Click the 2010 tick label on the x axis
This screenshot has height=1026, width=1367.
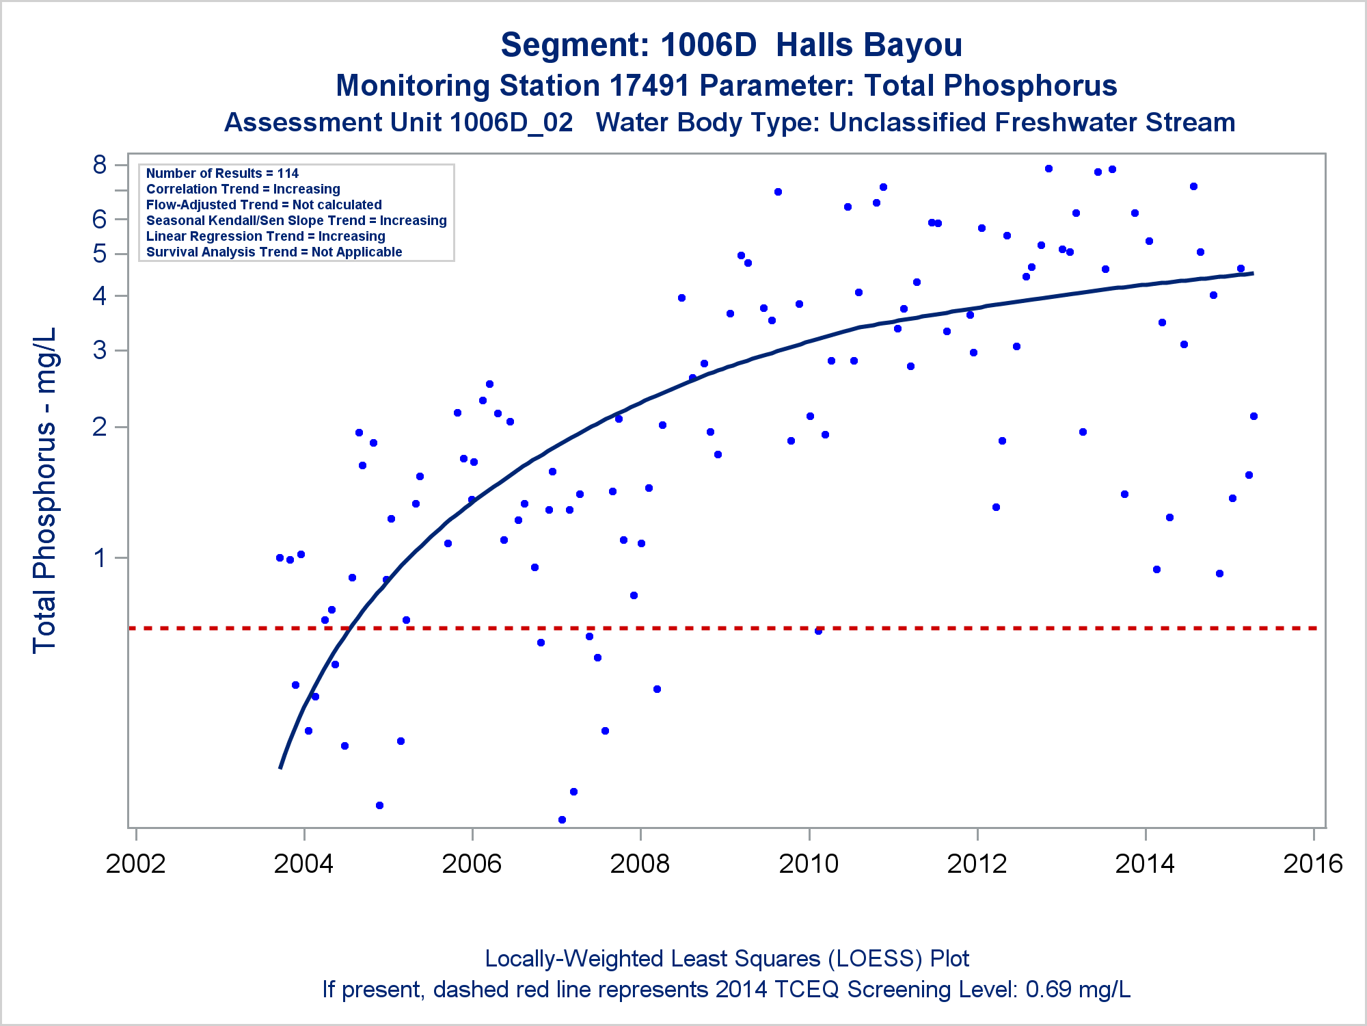pyautogui.click(x=809, y=864)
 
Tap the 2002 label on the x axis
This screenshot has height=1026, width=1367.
pyautogui.click(x=135, y=864)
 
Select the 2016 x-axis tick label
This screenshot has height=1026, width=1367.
pyautogui.click(x=1313, y=864)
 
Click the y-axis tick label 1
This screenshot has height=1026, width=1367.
pyautogui.click(x=100, y=558)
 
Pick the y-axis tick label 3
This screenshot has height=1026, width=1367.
pyautogui.click(x=100, y=350)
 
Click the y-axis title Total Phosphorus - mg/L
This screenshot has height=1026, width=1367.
pyautogui.click(x=44, y=490)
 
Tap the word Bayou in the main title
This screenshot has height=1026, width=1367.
pyautogui.click(x=869, y=46)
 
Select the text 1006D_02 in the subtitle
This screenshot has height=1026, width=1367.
pyautogui.click(x=511, y=123)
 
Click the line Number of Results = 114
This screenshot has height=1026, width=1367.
pyautogui.click(x=222, y=173)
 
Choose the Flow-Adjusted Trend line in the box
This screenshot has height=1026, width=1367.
pyautogui.click(x=264, y=205)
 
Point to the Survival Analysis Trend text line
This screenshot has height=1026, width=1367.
pyautogui.click(x=274, y=252)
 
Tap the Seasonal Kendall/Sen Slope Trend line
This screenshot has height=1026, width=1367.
pyautogui.click(x=296, y=220)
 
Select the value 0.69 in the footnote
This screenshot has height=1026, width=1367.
pyautogui.click(x=1048, y=990)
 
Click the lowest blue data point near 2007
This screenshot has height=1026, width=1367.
pyautogui.click(x=562, y=819)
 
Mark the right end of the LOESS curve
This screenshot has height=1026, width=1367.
pyautogui.click(x=1253, y=274)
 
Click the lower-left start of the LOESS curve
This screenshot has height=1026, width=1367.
pyautogui.click(x=280, y=768)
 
